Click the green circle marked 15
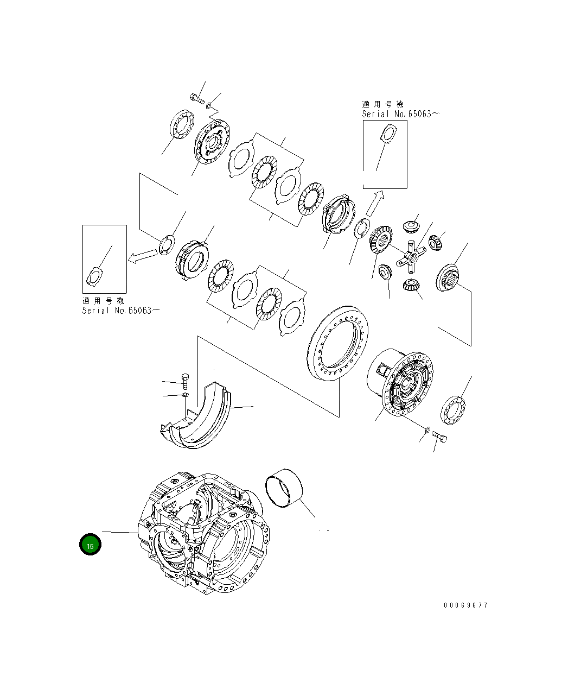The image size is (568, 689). [x=90, y=545]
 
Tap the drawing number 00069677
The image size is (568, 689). [x=465, y=605]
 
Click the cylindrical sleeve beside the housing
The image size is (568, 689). [x=285, y=488]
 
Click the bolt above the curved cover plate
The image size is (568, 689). [x=184, y=380]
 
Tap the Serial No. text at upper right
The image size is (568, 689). [x=400, y=114]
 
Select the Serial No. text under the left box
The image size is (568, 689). [x=120, y=311]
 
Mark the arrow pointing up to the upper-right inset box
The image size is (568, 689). [x=375, y=203]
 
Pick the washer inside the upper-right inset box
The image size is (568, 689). [x=388, y=132]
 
